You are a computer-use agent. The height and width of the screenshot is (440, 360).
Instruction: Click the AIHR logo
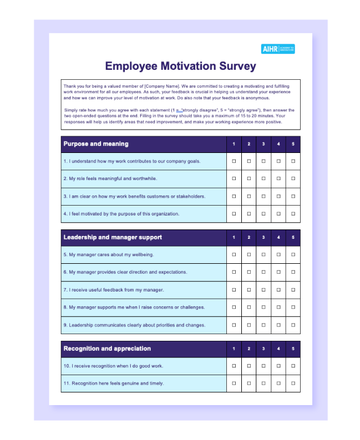tap(277, 49)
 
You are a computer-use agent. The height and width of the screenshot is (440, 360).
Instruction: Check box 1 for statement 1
tap(234, 161)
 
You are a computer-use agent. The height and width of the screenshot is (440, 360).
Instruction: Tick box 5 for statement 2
tap(293, 178)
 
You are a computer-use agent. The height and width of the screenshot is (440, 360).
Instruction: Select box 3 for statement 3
tap(263, 196)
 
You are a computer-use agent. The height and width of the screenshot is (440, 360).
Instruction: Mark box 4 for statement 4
tap(278, 214)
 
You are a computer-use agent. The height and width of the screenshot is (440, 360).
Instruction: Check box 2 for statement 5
tap(249, 254)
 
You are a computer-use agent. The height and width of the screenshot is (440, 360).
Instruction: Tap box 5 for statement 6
tap(293, 272)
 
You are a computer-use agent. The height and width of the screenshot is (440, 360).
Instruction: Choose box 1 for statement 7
tap(234, 290)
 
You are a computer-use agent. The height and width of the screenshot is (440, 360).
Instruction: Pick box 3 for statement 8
tap(263, 308)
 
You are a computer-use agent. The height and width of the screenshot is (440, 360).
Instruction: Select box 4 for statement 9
tap(278, 325)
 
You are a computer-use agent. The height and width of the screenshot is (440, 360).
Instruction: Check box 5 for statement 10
tap(293, 366)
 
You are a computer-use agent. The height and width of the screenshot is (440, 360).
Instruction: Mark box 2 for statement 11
tap(249, 383)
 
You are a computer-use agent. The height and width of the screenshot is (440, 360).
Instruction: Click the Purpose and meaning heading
tap(96, 144)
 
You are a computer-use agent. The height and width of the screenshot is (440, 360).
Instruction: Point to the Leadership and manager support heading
tap(113, 237)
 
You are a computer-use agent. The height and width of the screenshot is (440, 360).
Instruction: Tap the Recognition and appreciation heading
tap(107, 349)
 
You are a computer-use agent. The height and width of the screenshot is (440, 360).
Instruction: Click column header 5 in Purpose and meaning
tap(293, 145)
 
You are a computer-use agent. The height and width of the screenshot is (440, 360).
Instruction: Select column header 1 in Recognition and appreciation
tap(234, 349)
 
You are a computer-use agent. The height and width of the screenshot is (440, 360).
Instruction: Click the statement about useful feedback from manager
tap(114, 290)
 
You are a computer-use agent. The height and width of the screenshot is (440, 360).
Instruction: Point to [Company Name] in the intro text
tap(161, 86)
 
